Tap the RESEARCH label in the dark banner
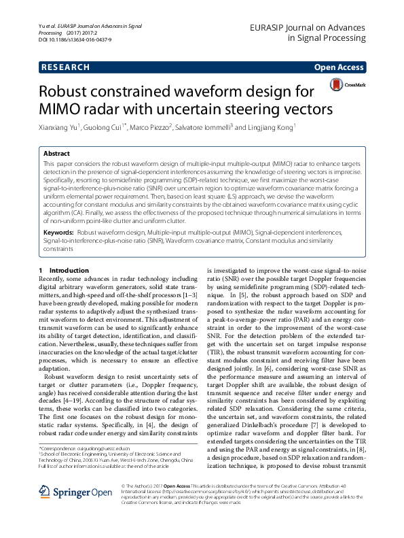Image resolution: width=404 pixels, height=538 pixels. (x=65, y=67)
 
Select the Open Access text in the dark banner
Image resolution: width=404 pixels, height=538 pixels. (x=339, y=67)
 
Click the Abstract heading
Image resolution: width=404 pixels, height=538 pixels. (x=57, y=154)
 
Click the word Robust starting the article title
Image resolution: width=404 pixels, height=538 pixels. (x=75, y=91)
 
